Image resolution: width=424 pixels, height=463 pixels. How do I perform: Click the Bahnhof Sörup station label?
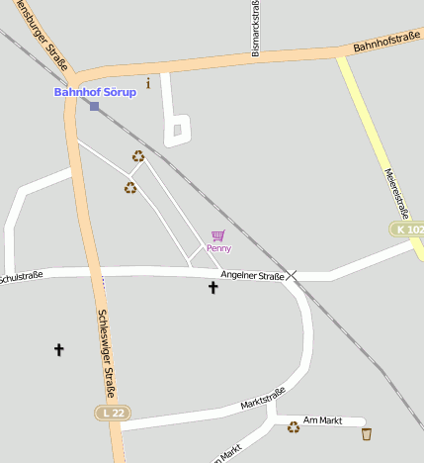[95, 92]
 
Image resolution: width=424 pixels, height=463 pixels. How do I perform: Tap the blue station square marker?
[94, 106]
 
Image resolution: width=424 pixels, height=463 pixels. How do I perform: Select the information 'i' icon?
[148, 83]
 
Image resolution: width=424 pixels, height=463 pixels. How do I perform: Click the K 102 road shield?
[407, 229]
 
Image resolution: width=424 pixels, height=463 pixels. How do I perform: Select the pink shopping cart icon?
[218, 235]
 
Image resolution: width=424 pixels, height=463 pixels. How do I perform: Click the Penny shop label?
[218, 248]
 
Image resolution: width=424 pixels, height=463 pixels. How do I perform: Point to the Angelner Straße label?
[252, 275]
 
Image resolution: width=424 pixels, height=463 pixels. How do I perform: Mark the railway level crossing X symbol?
[293, 276]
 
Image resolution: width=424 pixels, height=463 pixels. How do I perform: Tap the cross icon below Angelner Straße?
[212, 288]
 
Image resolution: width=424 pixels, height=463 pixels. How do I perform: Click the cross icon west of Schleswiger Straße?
[58, 349]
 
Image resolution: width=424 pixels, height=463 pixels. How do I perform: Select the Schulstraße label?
[20, 276]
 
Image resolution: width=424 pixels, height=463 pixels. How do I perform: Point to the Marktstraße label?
[263, 398]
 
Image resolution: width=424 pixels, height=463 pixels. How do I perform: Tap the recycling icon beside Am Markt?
[294, 427]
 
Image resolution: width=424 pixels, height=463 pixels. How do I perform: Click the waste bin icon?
[367, 433]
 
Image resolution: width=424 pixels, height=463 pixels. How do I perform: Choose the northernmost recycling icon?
[138, 155]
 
